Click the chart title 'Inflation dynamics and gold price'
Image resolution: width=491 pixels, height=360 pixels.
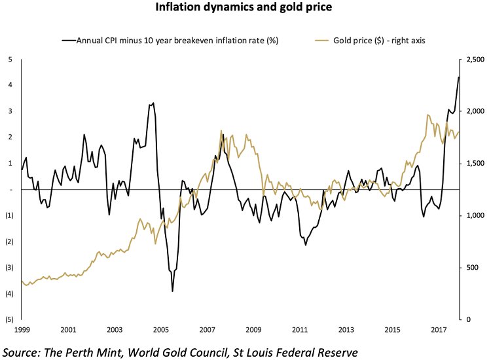245,9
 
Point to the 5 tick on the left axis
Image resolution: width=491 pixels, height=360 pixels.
10,60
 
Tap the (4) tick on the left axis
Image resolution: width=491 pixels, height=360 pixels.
9,294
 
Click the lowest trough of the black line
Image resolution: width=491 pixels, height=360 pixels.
173,291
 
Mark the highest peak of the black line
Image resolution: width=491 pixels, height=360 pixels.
458,77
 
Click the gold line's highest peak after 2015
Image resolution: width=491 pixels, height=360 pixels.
427,115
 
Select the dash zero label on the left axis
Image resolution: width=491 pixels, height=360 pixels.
10,190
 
